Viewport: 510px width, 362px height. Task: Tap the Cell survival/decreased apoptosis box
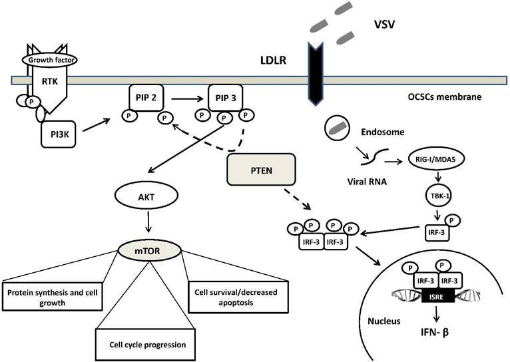(224, 295)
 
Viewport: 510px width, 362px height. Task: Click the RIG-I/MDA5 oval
(439, 160)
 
